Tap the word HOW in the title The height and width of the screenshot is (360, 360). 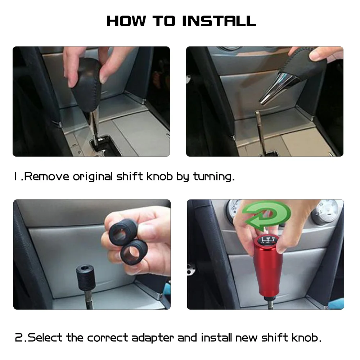126,21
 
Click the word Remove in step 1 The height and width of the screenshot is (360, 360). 46,176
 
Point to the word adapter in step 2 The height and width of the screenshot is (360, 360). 153,338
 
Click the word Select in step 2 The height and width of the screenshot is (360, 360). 45,338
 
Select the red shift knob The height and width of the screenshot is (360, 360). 268,266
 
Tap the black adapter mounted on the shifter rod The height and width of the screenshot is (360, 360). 85,276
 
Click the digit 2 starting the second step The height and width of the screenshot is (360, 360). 19,338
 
